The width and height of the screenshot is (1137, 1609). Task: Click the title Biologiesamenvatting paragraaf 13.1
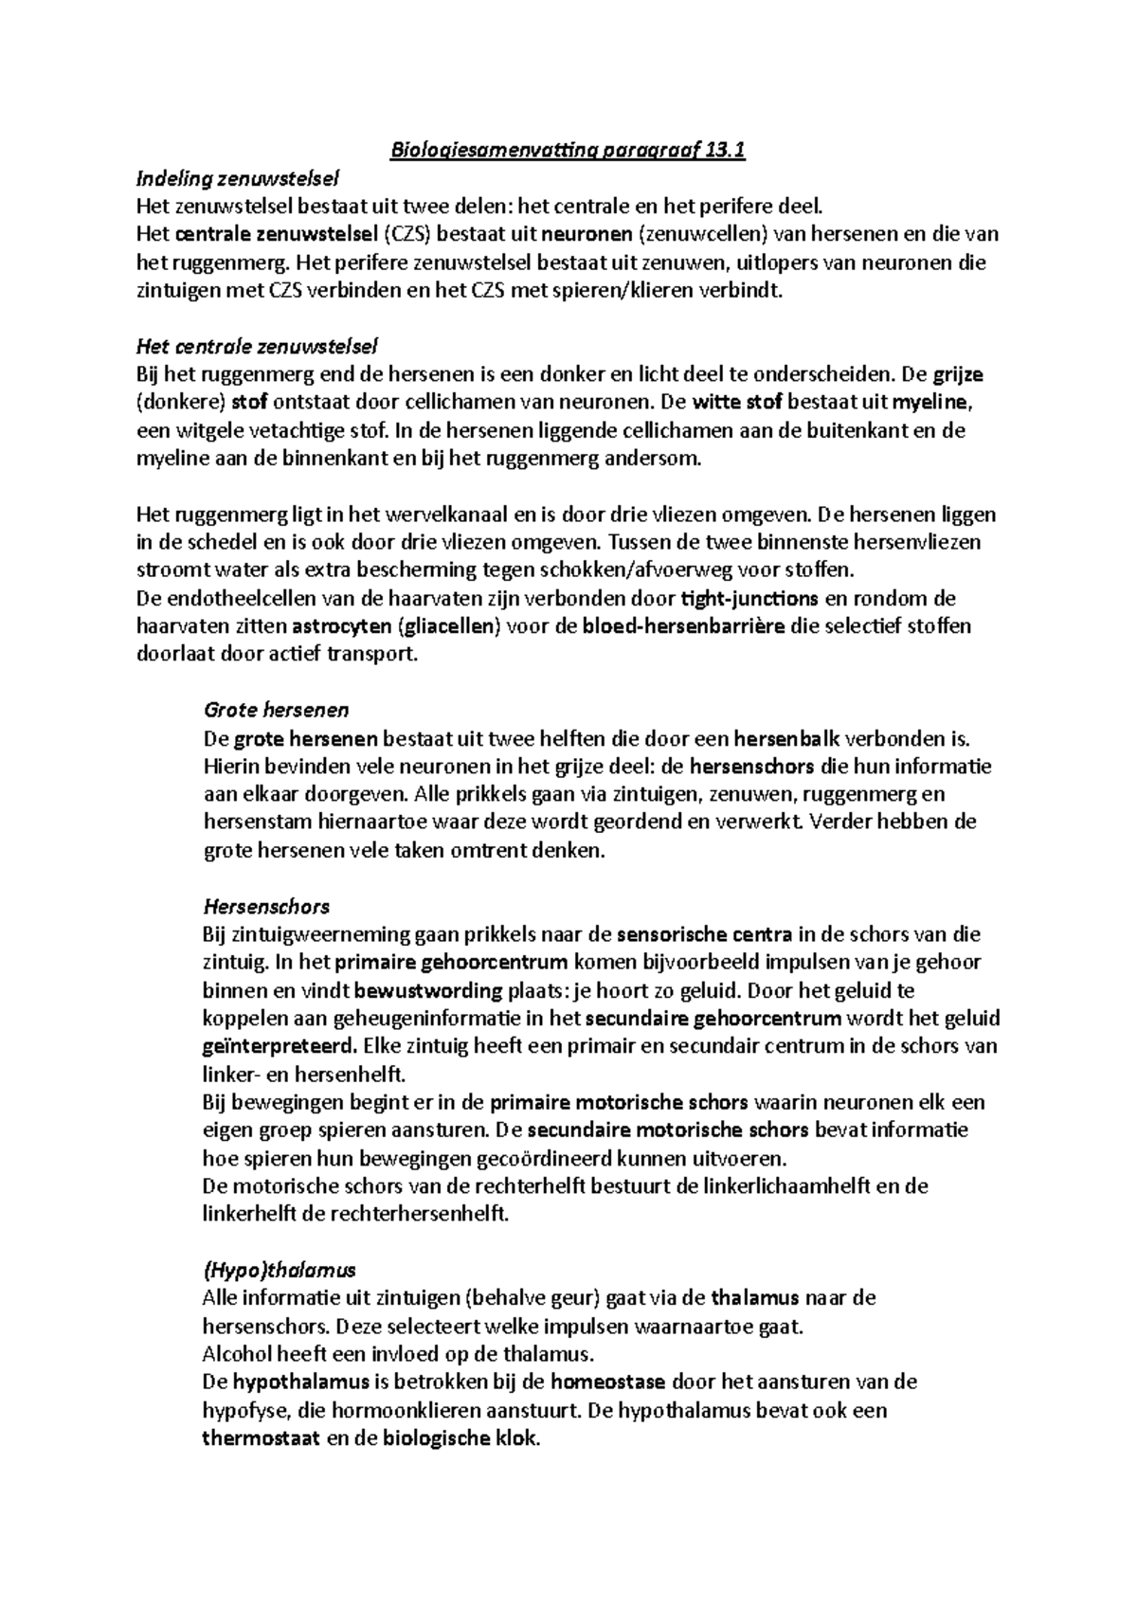[568, 152]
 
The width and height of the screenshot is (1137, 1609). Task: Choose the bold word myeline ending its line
[932, 402]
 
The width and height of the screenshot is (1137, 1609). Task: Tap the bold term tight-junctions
[749, 598]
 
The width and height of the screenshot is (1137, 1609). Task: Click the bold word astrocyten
[342, 626]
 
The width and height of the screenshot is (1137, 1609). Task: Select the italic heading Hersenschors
[267, 906]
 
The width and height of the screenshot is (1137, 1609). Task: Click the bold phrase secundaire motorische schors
[668, 1130]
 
